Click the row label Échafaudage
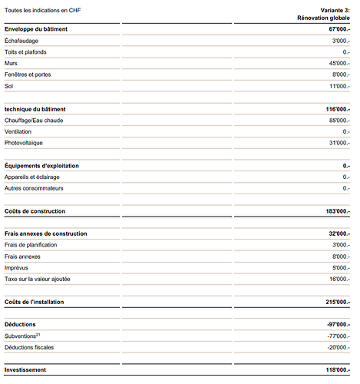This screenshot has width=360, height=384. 22,40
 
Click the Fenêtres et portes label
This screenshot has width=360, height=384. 30,74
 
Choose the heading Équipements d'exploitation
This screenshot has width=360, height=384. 42,165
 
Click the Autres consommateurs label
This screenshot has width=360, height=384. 34,188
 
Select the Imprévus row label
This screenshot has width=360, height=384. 18,267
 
